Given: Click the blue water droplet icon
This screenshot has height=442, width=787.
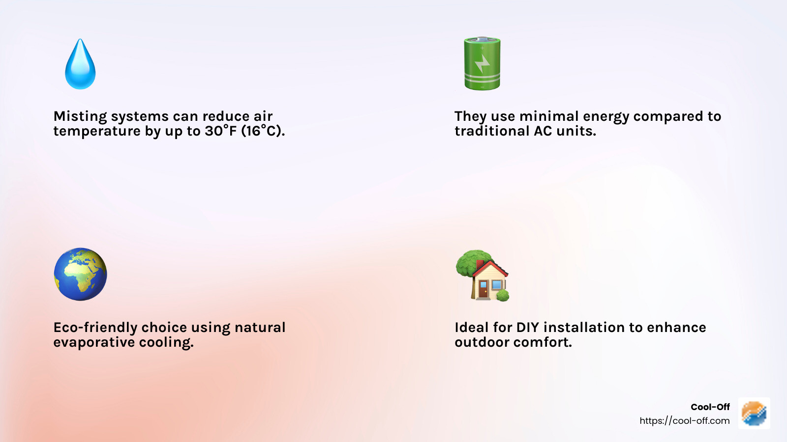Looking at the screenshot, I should click(x=80, y=65).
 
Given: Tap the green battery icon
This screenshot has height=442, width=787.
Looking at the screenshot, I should click(x=482, y=63).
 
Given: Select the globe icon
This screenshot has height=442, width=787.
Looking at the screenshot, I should click(x=80, y=274).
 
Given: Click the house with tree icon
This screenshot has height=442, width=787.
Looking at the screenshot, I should click(x=483, y=276).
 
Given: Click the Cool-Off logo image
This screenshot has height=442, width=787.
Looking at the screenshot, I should click(x=754, y=413).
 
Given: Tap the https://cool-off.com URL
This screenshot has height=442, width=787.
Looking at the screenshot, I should click(x=684, y=421).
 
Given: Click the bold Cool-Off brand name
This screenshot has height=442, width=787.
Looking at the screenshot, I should click(x=710, y=407).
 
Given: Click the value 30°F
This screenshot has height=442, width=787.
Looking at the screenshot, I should click(x=221, y=131).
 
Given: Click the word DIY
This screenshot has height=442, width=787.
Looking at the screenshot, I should click(x=527, y=328).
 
